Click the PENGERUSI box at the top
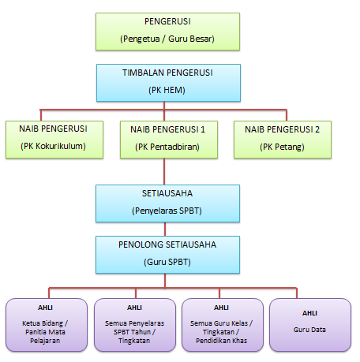167,32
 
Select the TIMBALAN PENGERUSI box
168,83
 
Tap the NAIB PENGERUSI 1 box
169,140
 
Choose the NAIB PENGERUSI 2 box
283,140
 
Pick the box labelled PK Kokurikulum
54,140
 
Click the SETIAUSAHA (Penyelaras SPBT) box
167,203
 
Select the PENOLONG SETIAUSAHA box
167,255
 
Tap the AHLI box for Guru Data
310,325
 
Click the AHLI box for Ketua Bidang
47,325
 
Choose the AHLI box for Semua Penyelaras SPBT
135,325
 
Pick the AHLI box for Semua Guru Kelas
223,325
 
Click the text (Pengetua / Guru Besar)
167,39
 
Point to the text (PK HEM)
167,90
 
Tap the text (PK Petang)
282,147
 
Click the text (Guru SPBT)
167,262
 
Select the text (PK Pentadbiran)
167,147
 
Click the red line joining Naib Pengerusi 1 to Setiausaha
164,171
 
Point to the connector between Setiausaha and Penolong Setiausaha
165,229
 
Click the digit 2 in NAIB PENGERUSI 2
317,129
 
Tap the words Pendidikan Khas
222,341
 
